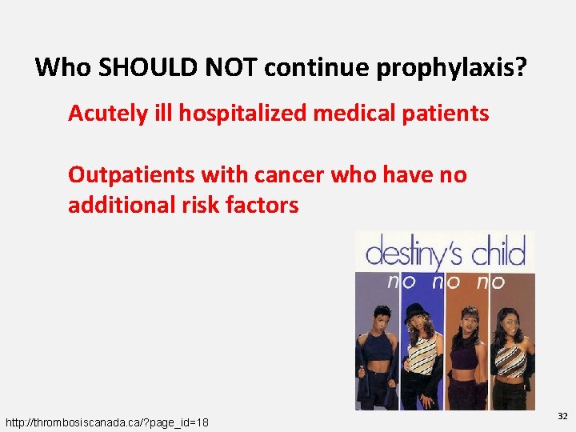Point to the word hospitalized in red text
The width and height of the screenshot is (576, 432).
click(x=241, y=114)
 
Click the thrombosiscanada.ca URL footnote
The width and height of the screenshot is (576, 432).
click(x=107, y=422)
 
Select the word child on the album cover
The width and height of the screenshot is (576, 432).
click(x=498, y=255)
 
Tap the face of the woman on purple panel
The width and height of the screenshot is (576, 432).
click(x=378, y=322)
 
